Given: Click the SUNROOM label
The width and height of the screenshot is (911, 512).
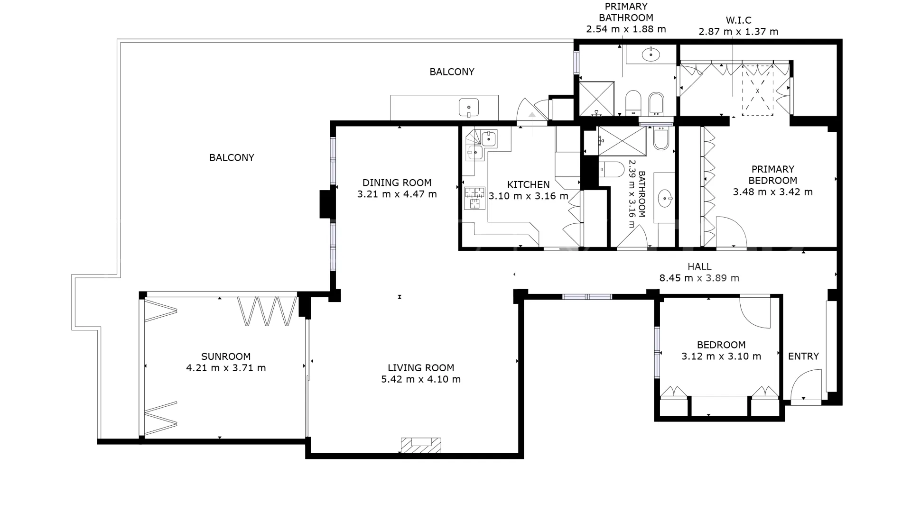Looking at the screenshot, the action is tap(226, 357).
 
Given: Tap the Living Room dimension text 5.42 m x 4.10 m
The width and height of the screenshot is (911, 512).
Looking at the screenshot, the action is tap(421, 379).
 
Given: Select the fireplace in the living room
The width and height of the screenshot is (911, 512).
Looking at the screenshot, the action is tap(421, 445).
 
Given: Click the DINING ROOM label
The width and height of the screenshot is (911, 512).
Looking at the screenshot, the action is tap(397, 183).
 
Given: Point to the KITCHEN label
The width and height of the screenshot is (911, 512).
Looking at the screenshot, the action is tap(529, 184).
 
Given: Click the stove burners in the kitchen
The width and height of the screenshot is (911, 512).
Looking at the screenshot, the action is tap(474, 198).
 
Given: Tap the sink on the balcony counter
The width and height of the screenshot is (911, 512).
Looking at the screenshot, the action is tap(469, 108).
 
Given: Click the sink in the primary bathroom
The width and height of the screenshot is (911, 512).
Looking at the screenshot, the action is tap(651, 55).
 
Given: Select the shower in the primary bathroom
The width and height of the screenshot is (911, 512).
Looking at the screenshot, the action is tap(597, 99).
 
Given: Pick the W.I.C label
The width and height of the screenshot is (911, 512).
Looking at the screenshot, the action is tap(738, 20).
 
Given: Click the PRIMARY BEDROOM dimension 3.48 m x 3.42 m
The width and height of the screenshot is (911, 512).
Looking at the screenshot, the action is tap(773, 192).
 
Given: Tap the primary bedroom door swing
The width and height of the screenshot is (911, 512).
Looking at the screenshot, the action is tap(731, 232).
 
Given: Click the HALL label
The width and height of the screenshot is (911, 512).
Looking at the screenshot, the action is tap(699, 267).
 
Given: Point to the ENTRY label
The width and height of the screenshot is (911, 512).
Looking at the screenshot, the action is tap(803, 356).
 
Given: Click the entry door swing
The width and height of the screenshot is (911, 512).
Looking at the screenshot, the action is tap(806, 385).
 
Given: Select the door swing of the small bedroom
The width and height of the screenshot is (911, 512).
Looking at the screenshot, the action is tap(755, 311).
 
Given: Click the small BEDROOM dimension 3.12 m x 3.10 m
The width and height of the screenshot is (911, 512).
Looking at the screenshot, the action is tap(721, 357).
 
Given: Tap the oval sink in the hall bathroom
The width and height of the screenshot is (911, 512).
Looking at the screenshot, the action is tap(665, 198).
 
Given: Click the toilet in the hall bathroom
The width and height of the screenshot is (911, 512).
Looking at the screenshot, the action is tap(611, 169).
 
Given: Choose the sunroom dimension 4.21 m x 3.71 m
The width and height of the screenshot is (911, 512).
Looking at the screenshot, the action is tap(226, 368).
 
